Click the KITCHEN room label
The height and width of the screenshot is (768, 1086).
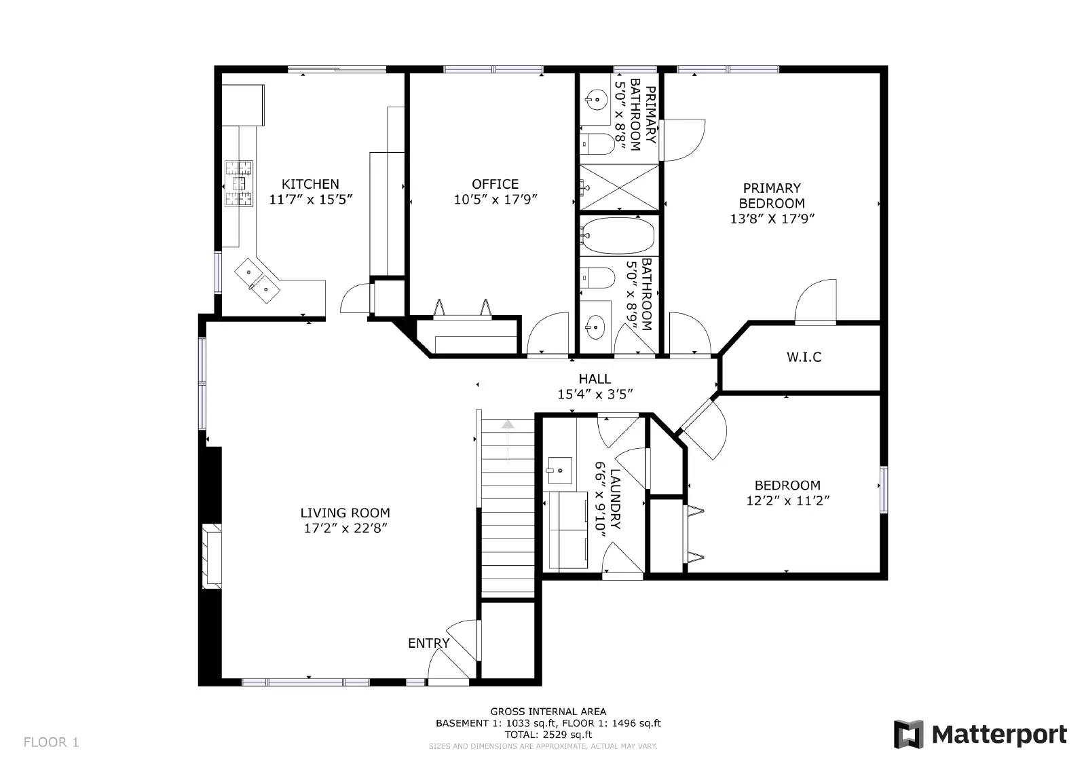(310, 184)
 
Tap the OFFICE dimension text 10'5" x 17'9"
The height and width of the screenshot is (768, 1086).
(495, 200)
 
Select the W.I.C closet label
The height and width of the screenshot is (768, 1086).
(804, 357)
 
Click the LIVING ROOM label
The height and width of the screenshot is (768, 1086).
(345, 513)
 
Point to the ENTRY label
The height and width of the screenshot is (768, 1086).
(428, 643)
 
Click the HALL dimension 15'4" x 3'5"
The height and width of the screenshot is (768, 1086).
(595, 395)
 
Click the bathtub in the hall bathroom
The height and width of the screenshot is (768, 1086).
(618, 235)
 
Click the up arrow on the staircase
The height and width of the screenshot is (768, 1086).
(508, 424)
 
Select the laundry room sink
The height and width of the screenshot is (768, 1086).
(560, 469)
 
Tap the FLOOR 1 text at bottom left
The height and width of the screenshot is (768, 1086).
(52, 742)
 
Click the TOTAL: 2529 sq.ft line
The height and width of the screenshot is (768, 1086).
(548, 734)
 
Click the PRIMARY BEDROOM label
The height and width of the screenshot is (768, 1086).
(772, 196)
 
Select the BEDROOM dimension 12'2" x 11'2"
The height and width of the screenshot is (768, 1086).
(787, 501)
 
